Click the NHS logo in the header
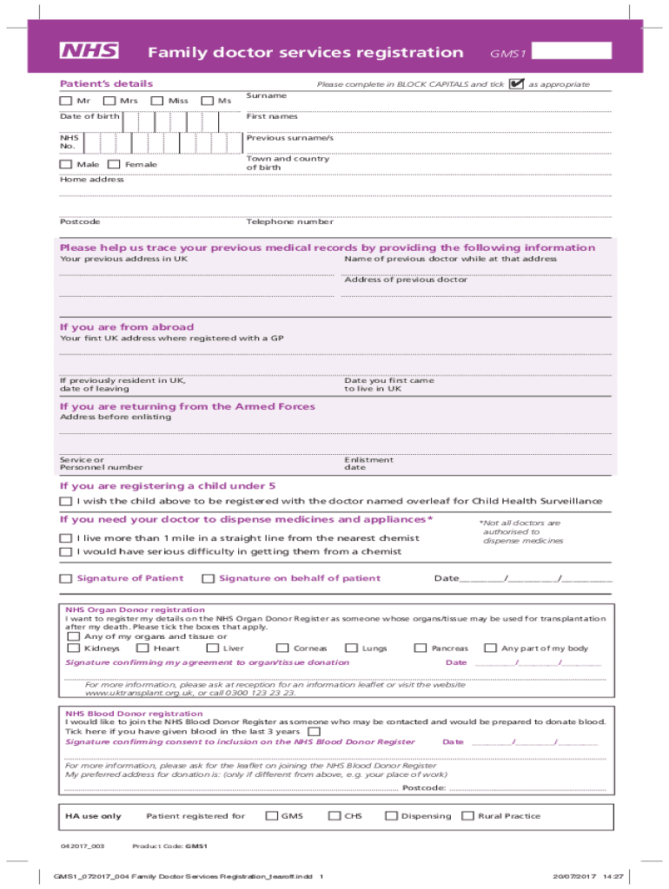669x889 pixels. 89,51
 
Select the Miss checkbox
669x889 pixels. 157,101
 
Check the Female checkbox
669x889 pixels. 114,164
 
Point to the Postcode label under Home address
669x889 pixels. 80,222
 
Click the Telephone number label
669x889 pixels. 289,222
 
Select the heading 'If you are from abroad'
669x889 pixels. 127,327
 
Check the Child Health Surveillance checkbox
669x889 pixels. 65,502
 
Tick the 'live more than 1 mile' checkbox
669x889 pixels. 65,538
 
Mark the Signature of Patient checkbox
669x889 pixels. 65,579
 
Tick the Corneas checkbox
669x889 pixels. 282,648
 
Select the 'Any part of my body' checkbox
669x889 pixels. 490,648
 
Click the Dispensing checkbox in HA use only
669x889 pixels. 391,816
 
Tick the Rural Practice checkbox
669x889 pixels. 468,816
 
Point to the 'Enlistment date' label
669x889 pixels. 368,464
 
